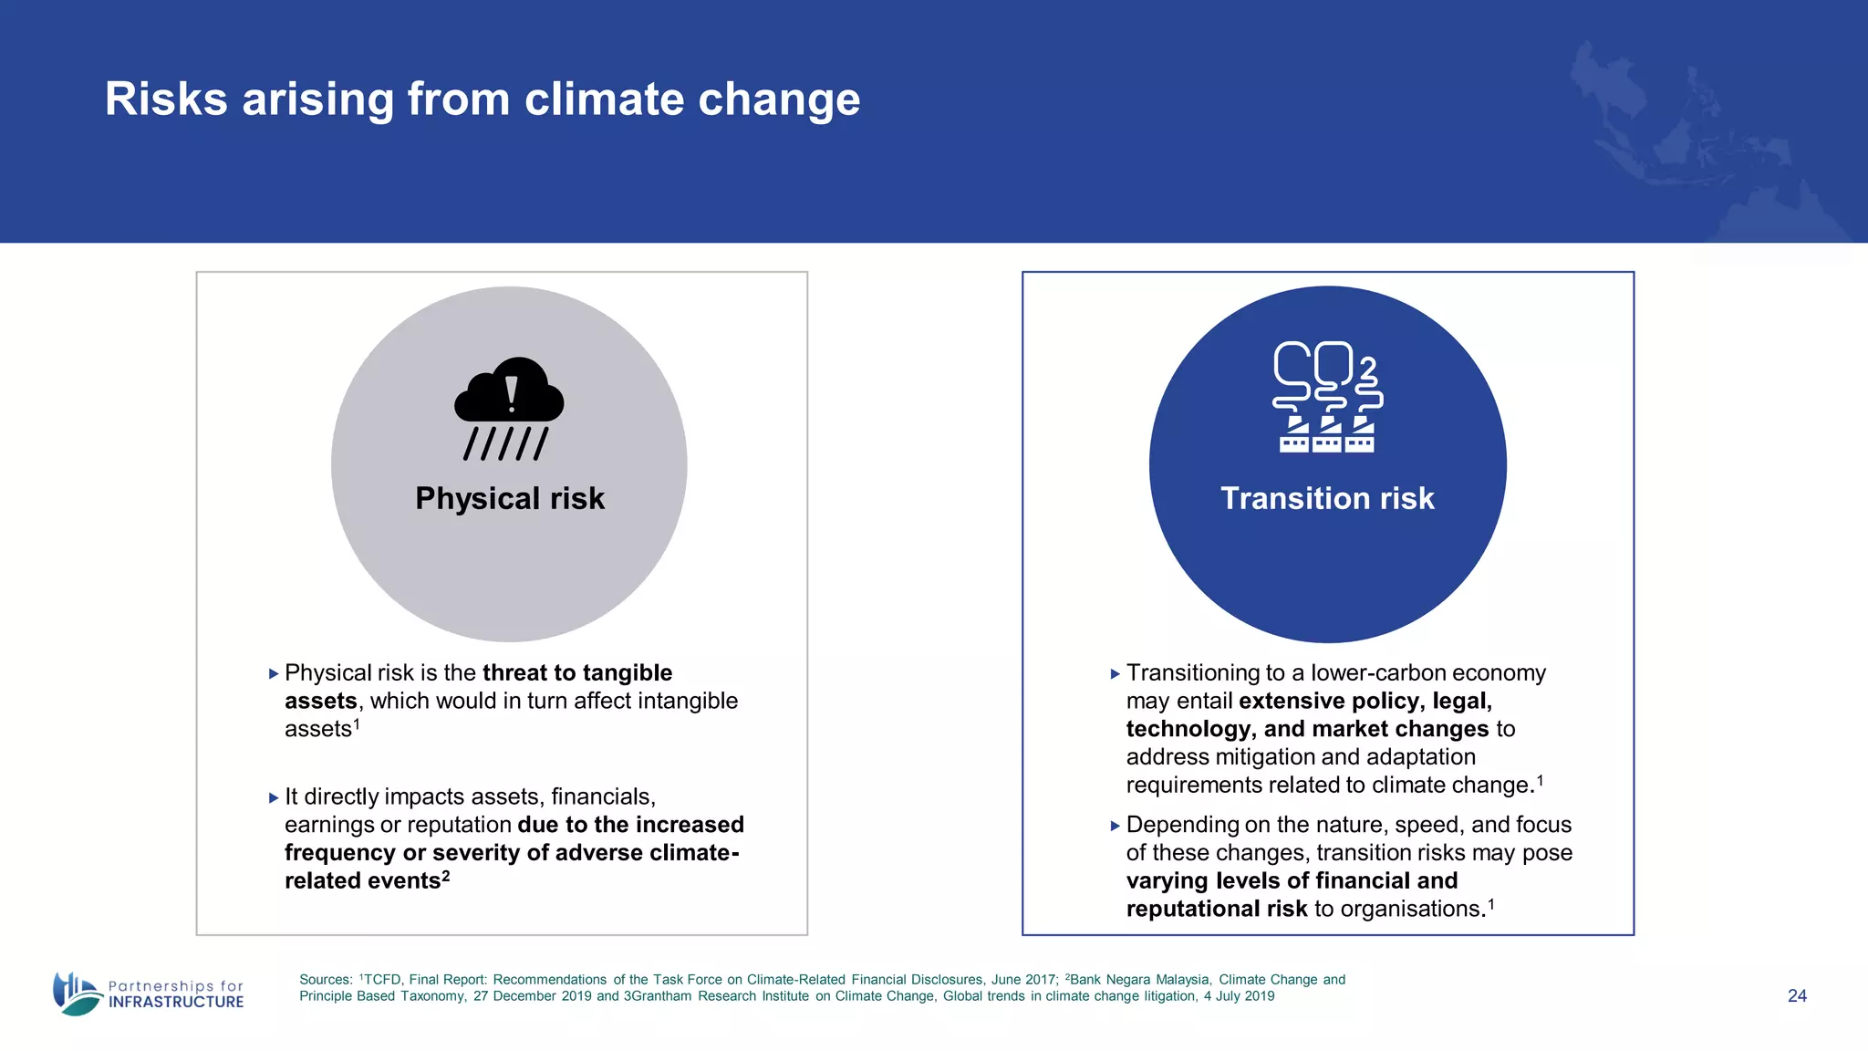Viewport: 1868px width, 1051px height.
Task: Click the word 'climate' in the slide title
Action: pos(602,99)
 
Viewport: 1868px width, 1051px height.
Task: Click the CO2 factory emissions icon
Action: pos(1327,397)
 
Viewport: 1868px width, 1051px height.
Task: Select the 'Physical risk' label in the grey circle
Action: pos(509,498)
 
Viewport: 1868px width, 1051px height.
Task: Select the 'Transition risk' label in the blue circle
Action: pos(1327,498)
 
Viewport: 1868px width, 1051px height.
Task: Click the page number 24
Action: pos(1797,996)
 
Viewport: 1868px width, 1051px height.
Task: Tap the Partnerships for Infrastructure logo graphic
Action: pos(77,994)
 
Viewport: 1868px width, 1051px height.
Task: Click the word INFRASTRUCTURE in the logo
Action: pos(176,1003)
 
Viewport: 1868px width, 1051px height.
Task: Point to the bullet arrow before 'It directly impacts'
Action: pos(274,798)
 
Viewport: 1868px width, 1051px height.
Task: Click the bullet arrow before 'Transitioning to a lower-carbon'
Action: pos(1115,674)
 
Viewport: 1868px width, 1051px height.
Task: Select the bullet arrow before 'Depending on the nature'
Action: pos(1115,826)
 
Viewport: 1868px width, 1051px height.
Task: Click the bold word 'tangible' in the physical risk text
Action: pos(627,673)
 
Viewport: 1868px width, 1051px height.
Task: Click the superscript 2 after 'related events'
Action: pos(446,876)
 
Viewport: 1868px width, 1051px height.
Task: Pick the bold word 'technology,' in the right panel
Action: pos(1190,729)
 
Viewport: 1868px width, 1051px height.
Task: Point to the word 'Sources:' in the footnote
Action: pos(326,980)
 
